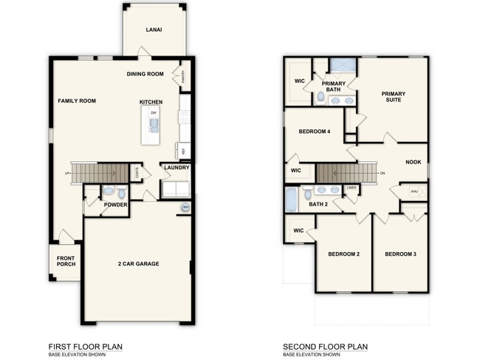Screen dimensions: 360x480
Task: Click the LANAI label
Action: (154, 30)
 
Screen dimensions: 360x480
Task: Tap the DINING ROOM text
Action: (145, 74)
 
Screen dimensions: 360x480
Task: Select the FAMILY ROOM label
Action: (77, 101)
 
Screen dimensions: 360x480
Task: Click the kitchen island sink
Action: (154, 124)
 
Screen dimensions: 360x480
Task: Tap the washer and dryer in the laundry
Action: (176, 189)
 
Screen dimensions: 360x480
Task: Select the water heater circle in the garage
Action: (185, 208)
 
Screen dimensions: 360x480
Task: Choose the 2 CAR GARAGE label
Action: (138, 264)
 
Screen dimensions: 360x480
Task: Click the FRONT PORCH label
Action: (66, 261)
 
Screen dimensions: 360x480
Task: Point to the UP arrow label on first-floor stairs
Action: (68, 174)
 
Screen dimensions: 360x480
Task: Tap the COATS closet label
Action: (137, 172)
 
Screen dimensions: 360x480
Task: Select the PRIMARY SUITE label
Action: (393, 97)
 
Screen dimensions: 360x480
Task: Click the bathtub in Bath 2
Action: (291, 200)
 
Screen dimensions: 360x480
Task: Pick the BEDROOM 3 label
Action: (400, 254)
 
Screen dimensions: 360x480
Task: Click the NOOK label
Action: (413, 162)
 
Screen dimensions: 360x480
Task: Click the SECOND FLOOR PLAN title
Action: (325, 346)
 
